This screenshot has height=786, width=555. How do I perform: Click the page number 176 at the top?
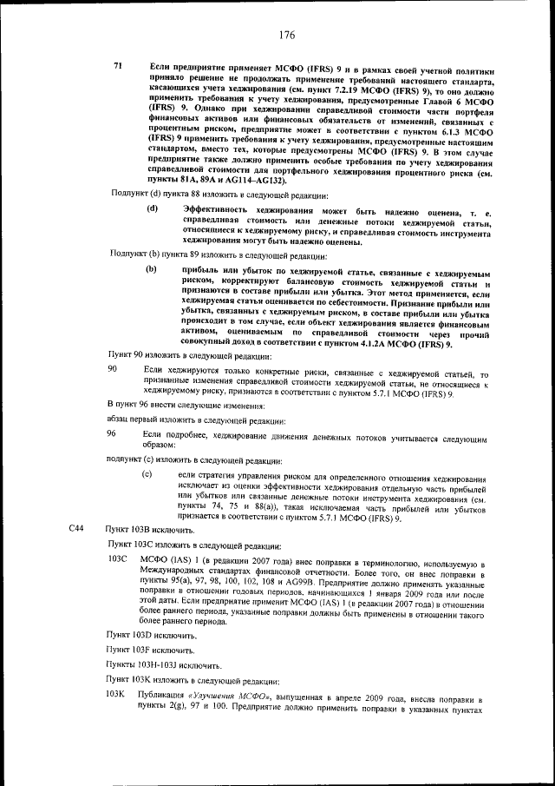(287, 35)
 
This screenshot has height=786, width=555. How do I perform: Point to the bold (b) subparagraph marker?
(152, 273)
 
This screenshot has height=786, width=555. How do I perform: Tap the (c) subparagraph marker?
(147, 474)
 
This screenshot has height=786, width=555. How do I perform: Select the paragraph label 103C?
(117, 558)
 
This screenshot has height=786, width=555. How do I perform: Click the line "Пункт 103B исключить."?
(143, 529)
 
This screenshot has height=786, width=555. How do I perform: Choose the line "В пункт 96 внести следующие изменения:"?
(186, 405)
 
